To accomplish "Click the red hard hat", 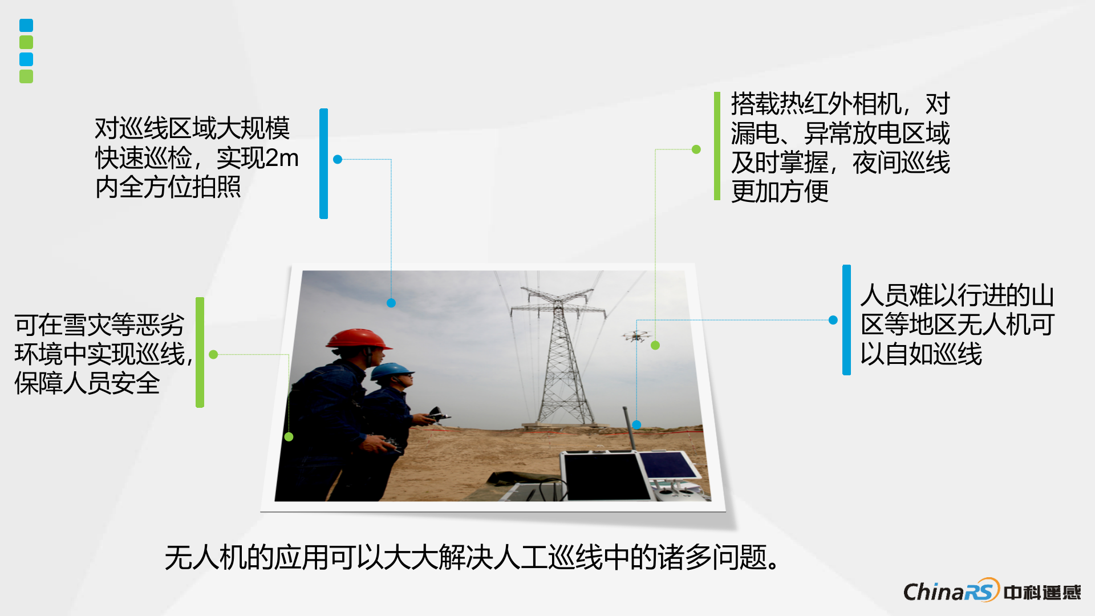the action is [359, 338].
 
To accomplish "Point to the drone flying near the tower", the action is [636, 335].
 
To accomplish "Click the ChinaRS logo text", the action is [951, 591].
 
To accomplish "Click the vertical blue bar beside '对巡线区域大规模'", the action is [323, 164].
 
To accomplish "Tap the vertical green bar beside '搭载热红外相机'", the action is [717, 146].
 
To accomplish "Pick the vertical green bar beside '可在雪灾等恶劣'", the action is [200, 352].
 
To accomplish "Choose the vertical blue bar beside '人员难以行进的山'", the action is [846, 320].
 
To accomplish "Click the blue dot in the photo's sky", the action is [391, 303].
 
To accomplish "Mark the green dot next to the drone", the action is [655, 345].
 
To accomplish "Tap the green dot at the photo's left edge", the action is [289, 437].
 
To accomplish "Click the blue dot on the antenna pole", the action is [636, 424].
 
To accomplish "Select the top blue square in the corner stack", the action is [26, 25].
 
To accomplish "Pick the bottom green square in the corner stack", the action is [26, 76].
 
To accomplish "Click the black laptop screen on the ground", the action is [606, 477].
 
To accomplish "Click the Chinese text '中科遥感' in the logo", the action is [1043, 593].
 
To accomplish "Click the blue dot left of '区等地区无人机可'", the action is [833, 320].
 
